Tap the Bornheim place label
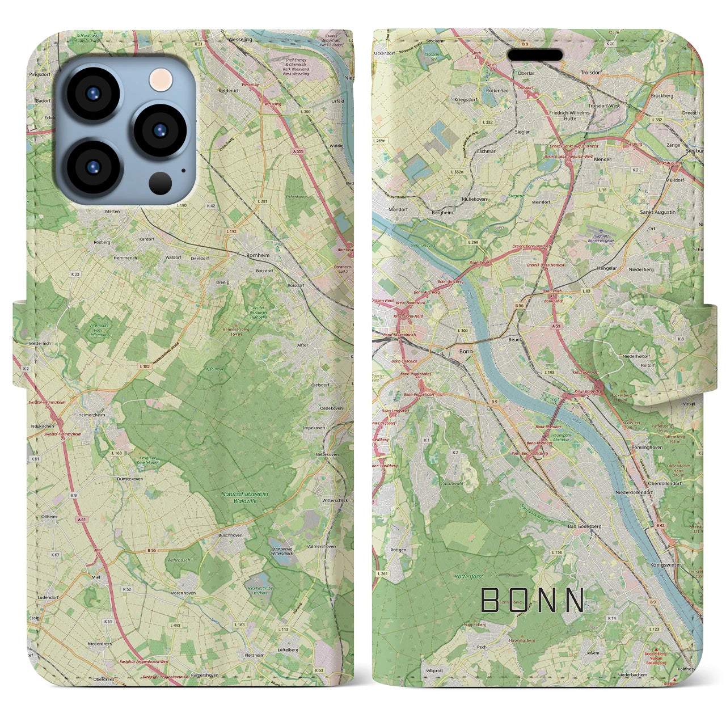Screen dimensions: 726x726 258,256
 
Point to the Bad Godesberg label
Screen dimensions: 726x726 585,526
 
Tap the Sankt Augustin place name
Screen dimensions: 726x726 657,212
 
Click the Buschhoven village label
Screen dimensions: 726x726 230,535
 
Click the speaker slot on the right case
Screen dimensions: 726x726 534,55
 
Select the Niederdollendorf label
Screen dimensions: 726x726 634,493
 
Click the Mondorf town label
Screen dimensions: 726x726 382,209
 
